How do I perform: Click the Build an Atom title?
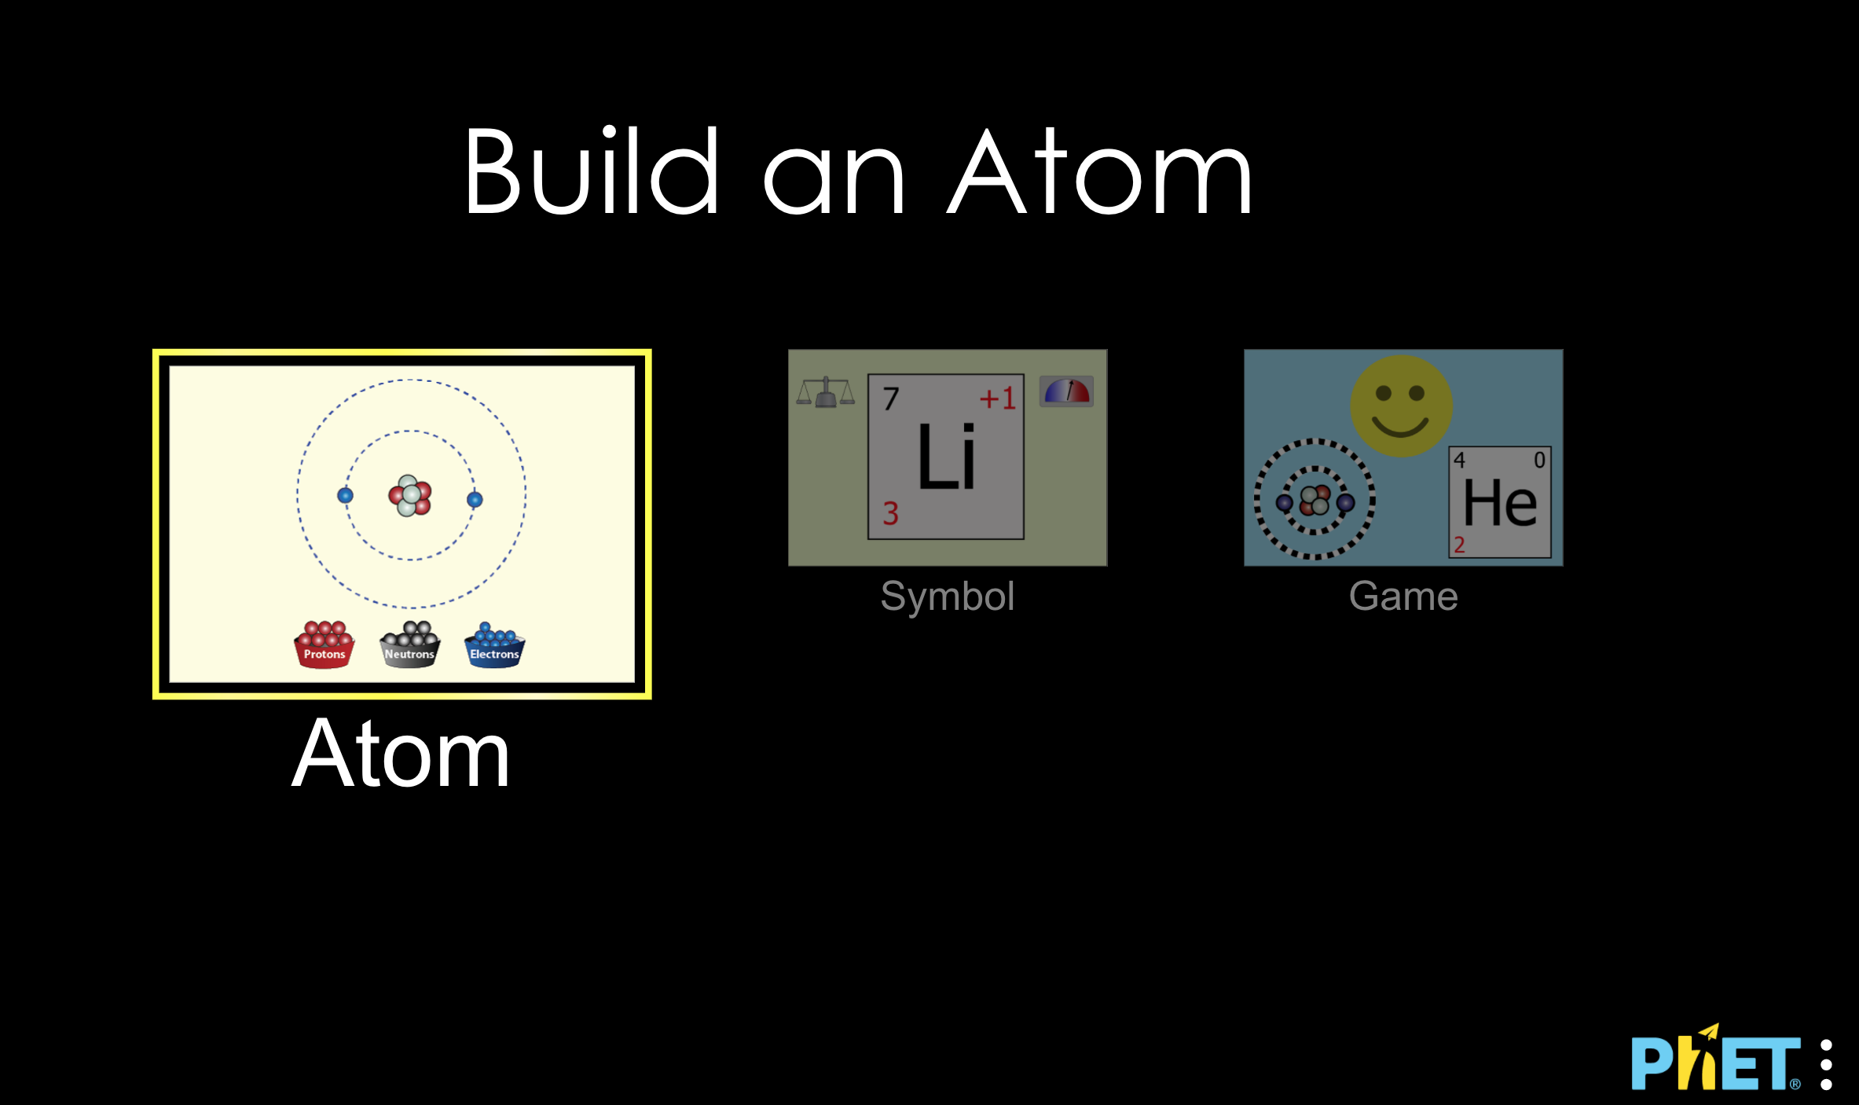pyautogui.click(x=858, y=171)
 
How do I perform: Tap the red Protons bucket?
pyautogui.click(x=324, y=645)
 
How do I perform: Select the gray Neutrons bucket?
pyautogui.click(x=409, y=645)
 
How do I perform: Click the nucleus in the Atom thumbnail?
pyautogui.click(x=410, y=495)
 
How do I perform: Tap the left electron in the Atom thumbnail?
pyautogui.click(x=345, y=495)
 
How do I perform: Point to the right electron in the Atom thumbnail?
pyautogui.click(x=475, y=499)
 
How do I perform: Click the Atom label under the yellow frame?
pyautogui.click(x=401, y=754)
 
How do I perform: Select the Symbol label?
pyautogui.click(x=948, y=597)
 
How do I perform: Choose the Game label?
pyautogui.click(x=1403, y=596)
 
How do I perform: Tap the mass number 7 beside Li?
pyautogui.click(x=890, y=398)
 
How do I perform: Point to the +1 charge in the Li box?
pyautogui.click(x=998, y=398)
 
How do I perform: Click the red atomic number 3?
pyautogui.click(x=890, y=513)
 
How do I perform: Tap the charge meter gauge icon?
pyautogui.click(x=1066, y=391)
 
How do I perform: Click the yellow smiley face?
pyautogui.click(x=1401, y=406)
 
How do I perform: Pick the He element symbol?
pyautogui.click(x=1500, y=503)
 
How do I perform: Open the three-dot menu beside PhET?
pyautogui.click(x=1826, y=1065)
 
